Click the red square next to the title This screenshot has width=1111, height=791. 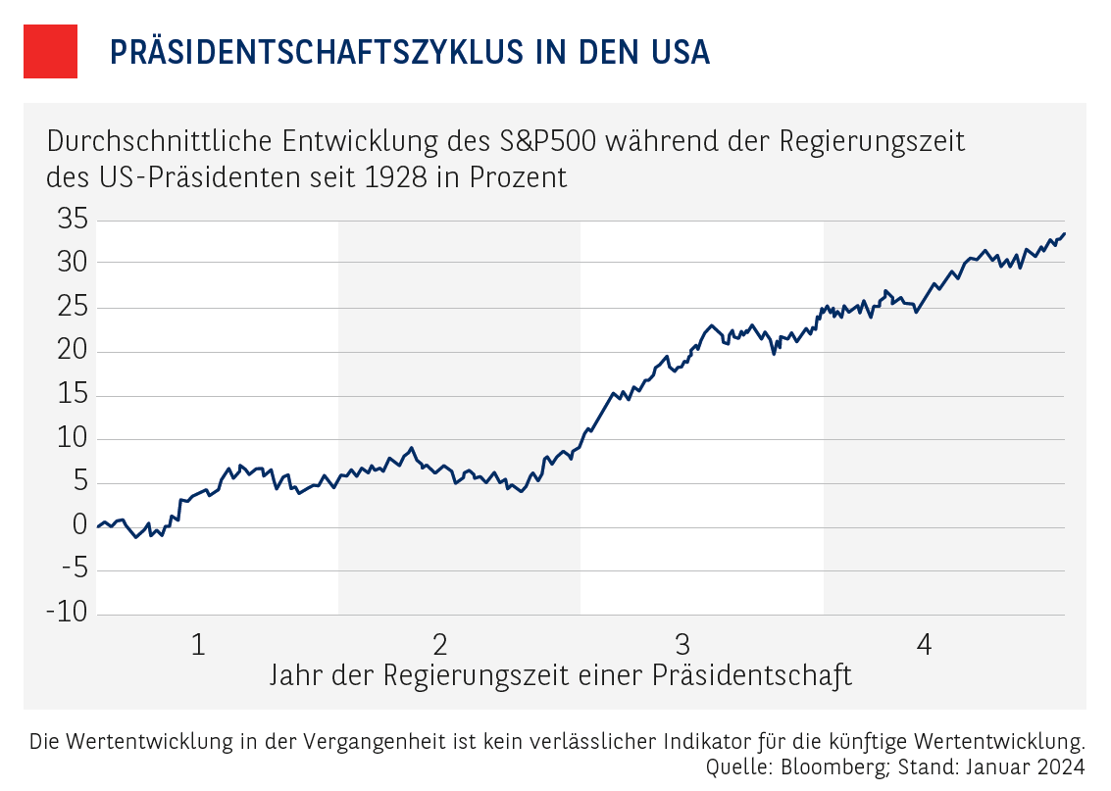pyautogui.click(x=50, y=52)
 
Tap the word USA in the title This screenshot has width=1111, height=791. pyautogui.click(x=677, y=52)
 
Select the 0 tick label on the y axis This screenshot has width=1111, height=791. pyautogui.click(x=80, y=526)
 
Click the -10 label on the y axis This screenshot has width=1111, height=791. pyautogui.click(x=67, y=613)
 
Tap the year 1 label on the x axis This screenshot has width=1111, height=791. pyautogui.click(x=198, y=644)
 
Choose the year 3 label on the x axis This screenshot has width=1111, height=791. pyautogui.click(x=682, y=644)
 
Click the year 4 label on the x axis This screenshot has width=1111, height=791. pyautogui.click(x=924, y=644)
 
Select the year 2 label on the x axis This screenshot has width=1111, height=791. pyautogui.click(x=440, y=644)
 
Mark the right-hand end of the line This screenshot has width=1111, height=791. pyautogui.click(x=1065, y=233)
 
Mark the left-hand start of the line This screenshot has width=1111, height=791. pyautogui.click(x=98, y=526)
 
